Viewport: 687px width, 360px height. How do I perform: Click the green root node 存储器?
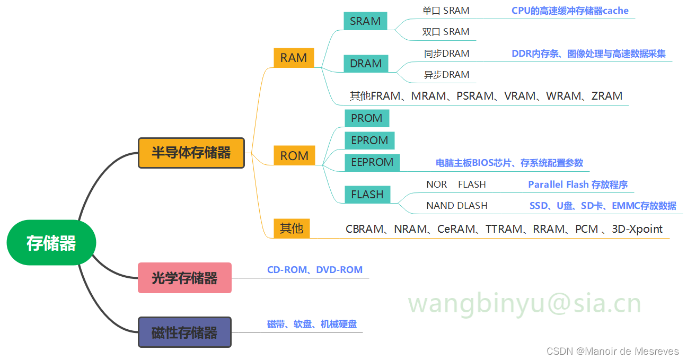(x=51, y=243)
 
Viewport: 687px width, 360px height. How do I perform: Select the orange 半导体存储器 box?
(x=191, y=153)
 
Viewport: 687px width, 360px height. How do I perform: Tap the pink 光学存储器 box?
(x=184, y=278)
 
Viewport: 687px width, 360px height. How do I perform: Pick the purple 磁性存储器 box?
(x=184, y=332)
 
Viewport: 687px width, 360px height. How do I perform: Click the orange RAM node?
(x=294, y=58)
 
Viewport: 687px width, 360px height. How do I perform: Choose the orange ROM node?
(x=294, y=156)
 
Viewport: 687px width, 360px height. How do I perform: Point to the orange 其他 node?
(x=292, y=229)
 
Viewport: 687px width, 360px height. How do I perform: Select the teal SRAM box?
(x=365, y=21)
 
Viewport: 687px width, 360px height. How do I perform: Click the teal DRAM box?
(x=366, y=64)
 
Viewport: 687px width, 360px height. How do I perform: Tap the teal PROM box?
(x=367, y=118)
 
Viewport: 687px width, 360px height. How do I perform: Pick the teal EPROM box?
(x=369, y=141)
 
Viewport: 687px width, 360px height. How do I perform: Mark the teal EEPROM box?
(x=372, y=162)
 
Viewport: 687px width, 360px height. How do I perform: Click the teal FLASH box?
(x=367, y=194)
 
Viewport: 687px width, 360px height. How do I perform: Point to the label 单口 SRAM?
(x=446, y=11)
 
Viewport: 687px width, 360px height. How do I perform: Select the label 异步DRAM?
(x=446, y=75)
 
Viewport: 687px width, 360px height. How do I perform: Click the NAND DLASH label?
(x=456, y=206)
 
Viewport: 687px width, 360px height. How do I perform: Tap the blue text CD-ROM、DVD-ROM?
(x=315, y=270)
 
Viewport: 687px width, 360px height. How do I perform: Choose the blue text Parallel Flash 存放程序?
(x=578, y=185)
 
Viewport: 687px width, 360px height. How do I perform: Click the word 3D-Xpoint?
(x=637, y=229)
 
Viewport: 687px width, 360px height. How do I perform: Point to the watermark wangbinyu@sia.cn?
(x=524, y=303)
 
